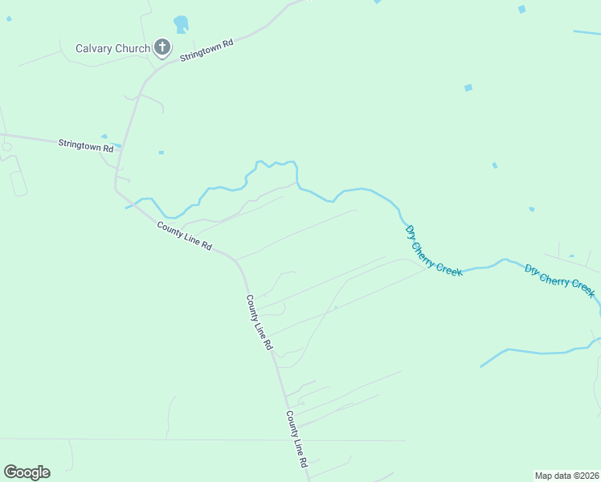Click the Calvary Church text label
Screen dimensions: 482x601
112,48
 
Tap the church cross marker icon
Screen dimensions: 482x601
162,47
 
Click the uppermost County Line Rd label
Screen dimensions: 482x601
184,235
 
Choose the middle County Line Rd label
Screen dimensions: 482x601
260,322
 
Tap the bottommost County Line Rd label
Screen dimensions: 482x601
296,439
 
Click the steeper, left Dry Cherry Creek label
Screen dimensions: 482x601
434,251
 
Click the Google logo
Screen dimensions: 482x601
27,472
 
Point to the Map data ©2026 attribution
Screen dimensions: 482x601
566,476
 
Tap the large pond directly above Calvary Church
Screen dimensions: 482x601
181,24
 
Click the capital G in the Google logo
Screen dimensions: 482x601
10,472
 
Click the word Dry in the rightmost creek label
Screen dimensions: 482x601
531,269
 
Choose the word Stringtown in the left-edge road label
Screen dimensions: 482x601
78,144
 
